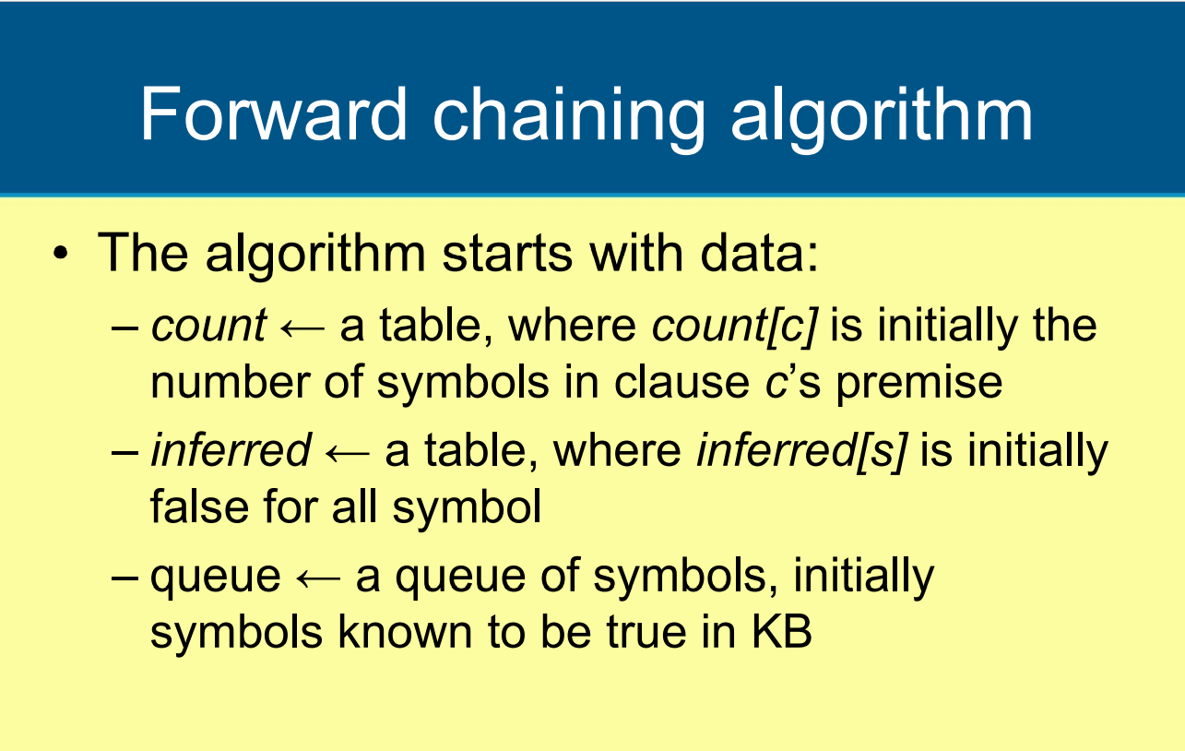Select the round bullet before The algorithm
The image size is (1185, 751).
(61, 255)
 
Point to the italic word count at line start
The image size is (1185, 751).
(208, 327)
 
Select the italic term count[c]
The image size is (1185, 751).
(735, 327)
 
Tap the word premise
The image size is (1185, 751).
(918, 382)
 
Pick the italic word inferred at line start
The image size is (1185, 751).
(231, 451)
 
